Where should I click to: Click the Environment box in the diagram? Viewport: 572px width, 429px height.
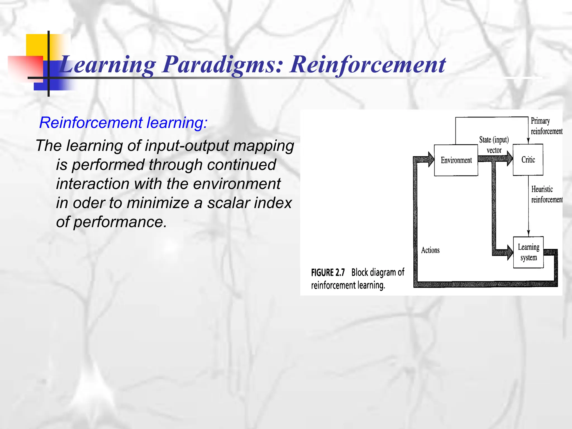pos(456,160)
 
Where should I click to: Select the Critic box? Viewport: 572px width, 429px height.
pos(528,160)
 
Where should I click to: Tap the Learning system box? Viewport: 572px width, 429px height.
pos(528,252)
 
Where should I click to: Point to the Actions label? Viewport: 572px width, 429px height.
pos(430,250)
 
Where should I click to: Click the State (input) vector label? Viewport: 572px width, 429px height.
pos(494,145)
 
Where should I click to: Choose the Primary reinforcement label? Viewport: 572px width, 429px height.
pos(546,126)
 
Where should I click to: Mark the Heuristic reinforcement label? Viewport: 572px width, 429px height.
pos(546,194)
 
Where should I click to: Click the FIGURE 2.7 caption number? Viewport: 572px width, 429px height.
pos(328,272)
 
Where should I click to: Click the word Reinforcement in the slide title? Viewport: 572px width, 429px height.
pos(367,65)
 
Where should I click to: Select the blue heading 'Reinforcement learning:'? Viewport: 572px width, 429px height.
pos(123,123)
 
